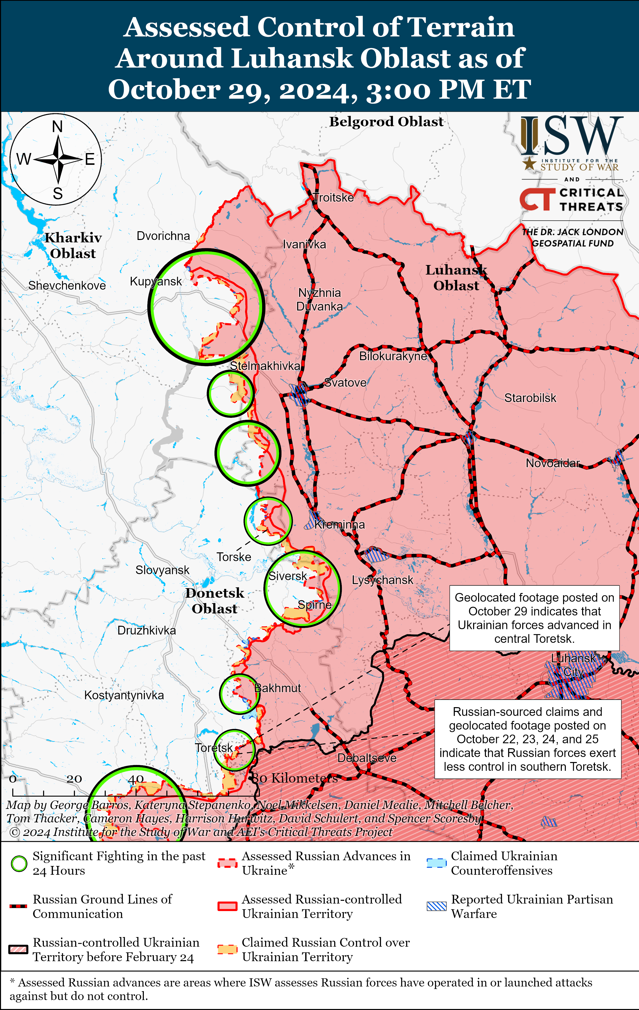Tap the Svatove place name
(345, 383)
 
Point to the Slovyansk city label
(162, 570)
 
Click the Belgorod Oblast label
(386, 122)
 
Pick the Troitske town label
(334, 198)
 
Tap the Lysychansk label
(382, 580)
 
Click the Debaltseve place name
(367, 758)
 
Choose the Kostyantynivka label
(124, 695)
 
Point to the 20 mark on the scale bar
(74, 779)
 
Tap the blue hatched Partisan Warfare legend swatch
(436, 906)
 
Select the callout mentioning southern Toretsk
(527, 739)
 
